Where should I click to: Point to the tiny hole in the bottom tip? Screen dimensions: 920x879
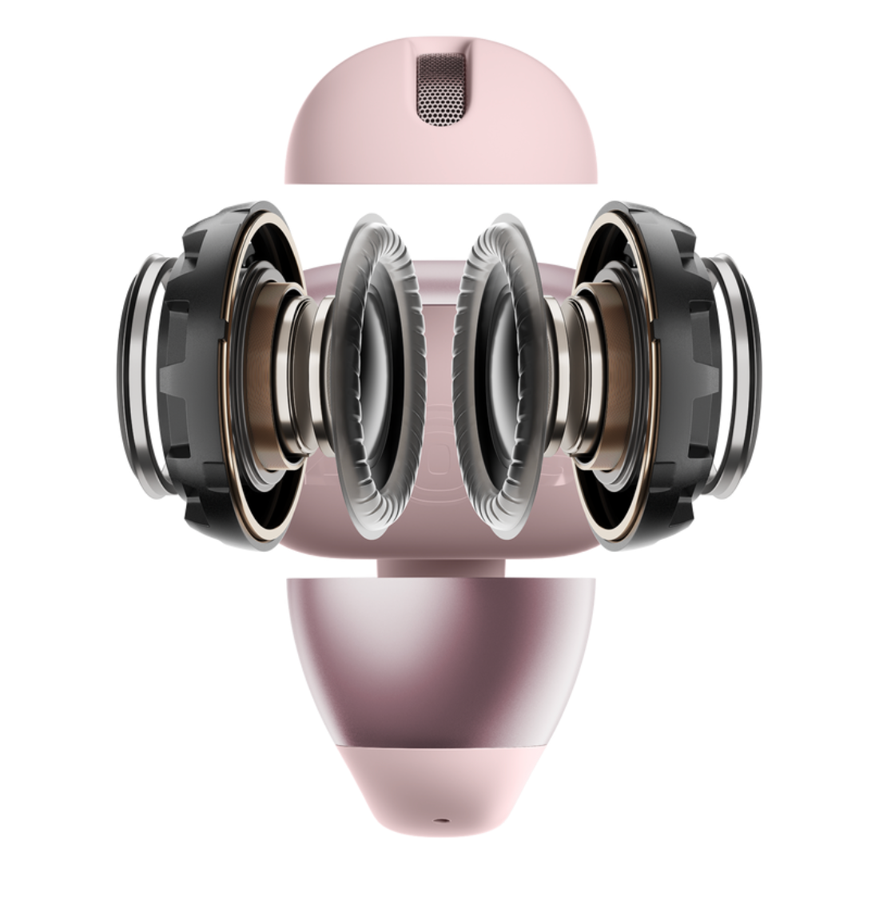click(440, 819)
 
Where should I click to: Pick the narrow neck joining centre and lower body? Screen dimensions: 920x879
click(440, 563)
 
